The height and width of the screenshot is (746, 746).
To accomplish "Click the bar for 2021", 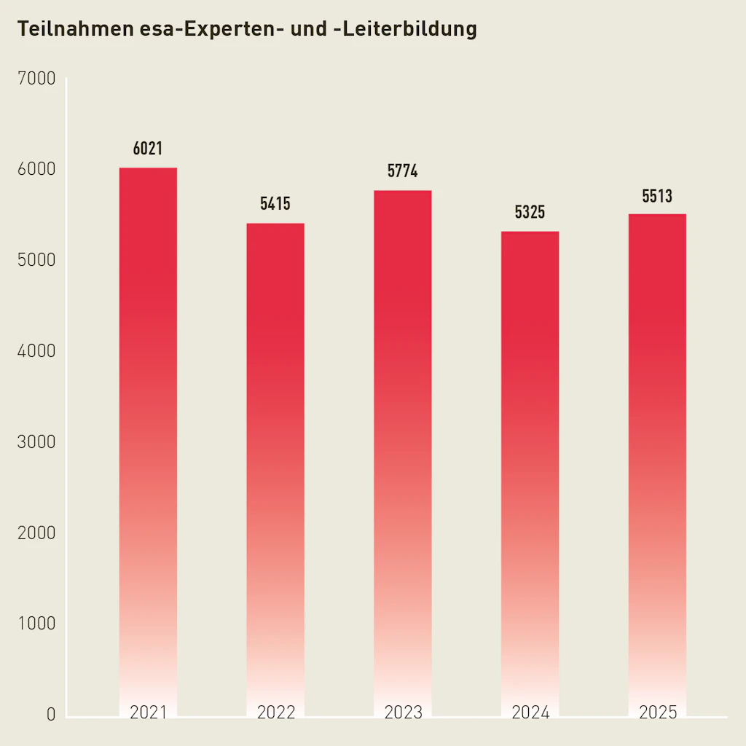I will [x=148, y=437].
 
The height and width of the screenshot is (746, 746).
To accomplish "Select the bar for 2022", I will [x=275, y=466].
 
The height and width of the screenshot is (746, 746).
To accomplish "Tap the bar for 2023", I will [x=403, y=452].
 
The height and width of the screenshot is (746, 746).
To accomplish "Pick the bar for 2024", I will [x=530, y=470].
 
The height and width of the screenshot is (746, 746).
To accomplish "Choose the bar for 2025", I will [x=657, y=463].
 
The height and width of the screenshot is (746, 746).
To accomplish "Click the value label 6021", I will [x=148, y=149].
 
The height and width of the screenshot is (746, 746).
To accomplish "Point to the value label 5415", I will [x=275, y=204].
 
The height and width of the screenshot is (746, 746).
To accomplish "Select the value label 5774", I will [x=403, y=172].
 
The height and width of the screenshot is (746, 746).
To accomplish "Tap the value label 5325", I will [x=530, y=213].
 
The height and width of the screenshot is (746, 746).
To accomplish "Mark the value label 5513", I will [x=657, y=196].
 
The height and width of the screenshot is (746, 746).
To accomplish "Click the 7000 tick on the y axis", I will [x=36, y=79].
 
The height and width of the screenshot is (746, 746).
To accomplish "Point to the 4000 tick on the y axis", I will [x=36, y=351].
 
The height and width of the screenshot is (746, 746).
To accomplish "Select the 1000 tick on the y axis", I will [x=36, y=624].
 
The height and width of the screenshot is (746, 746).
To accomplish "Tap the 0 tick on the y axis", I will [x=51, y=715].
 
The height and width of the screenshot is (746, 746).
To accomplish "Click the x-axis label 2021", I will [x=148, y=712].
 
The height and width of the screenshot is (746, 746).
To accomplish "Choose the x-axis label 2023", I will [x=403, y=712].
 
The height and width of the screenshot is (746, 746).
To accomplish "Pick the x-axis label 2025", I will [x=657, y=712].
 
